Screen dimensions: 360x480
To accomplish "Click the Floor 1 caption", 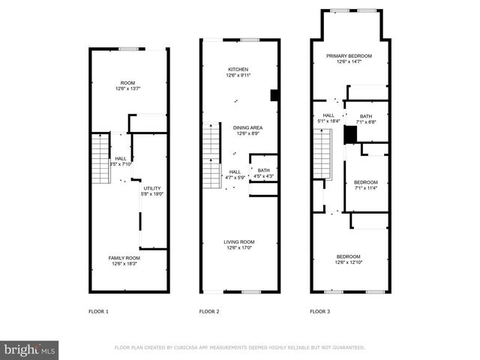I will coord(98,310).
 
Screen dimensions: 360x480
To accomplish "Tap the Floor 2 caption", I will coord(209,310).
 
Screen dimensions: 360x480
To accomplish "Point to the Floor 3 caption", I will coord(320,310).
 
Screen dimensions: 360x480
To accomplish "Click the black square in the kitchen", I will coord(274,94).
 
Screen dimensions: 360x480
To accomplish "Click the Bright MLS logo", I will coord(30,349).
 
